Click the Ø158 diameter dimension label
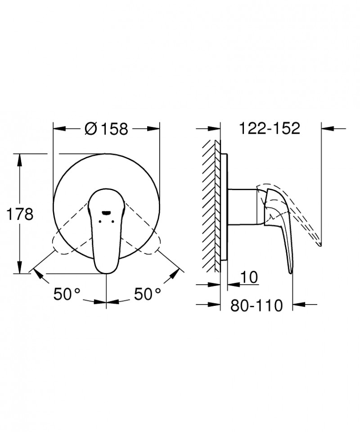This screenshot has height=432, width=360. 107,129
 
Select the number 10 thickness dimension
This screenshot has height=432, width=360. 249,277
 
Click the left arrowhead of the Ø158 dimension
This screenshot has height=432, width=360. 57,129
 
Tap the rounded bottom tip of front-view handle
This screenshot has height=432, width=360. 106,271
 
